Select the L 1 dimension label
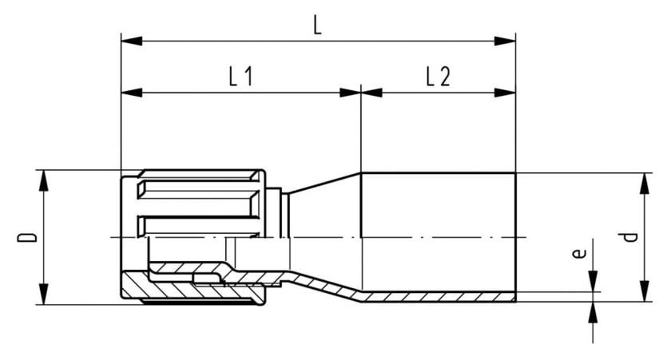point(241,77)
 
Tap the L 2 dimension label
point(439,77)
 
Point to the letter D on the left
point(27,238)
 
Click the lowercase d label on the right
point(630,237)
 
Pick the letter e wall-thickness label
point(578,254)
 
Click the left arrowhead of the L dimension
point(132,41)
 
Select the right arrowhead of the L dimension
point(505,41)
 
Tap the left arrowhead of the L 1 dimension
point(132,93)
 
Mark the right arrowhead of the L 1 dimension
point(351,93)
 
